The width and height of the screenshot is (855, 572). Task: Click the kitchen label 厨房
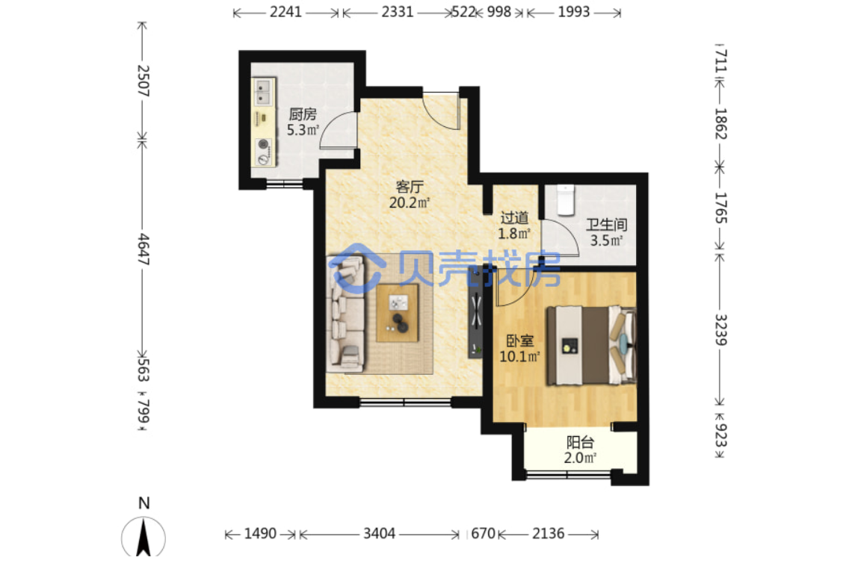[302, 114]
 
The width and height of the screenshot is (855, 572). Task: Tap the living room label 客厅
[410, 187]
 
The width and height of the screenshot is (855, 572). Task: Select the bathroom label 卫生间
[606, 225]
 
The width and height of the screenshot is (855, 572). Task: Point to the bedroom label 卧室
[519, 341]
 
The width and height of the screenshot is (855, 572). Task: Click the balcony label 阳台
[580, 442]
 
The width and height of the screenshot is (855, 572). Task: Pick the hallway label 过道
[514, 218]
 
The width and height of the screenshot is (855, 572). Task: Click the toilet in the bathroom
[566, 200]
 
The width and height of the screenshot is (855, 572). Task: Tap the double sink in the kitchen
[264, 92]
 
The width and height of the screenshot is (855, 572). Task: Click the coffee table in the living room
[398, 313]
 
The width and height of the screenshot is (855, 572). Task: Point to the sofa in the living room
[346, 313]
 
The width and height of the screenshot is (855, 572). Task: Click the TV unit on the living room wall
[475, 311]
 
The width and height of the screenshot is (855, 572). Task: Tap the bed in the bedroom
[592, 346]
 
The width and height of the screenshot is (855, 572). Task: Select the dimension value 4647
[143, 249]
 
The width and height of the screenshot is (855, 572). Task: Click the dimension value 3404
[380, 533]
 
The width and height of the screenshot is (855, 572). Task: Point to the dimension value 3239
[720, 329]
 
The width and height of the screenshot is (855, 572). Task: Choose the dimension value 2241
[285, 12]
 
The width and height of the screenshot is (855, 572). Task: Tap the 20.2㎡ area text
[410, 202]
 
